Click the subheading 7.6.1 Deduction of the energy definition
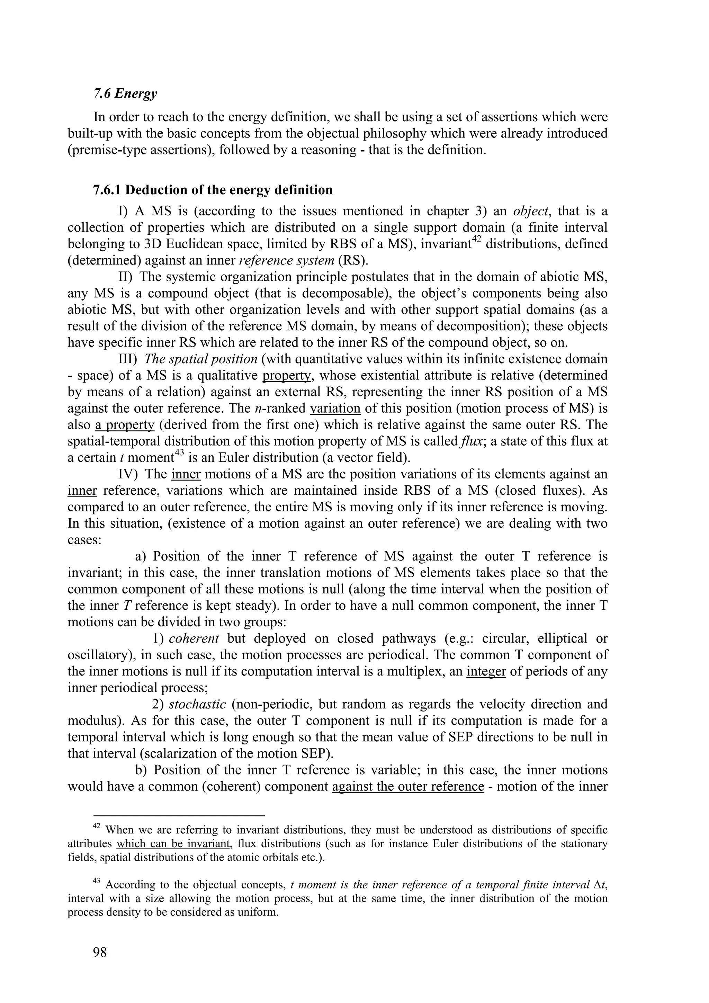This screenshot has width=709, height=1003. coord(213,190)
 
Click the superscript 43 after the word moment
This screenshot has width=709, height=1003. coord(180,454)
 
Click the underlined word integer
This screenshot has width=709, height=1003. coord(486,671)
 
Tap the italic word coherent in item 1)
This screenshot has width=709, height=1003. coord(194,638)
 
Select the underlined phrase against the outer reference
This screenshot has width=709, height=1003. coord(408,786)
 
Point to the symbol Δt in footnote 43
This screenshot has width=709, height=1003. coord(601,885)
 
